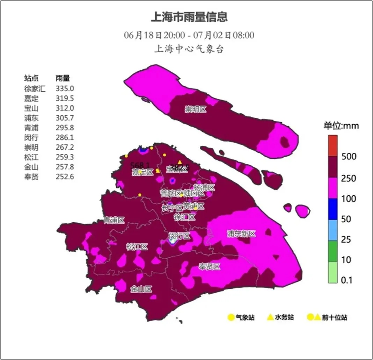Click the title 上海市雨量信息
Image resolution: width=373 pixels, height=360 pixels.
[x=189, y=16]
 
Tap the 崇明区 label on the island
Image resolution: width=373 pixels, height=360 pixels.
[x=196, y=109]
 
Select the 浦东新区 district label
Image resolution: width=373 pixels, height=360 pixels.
[x=241, y=234]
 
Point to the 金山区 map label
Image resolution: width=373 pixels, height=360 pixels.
[x=141, y=289]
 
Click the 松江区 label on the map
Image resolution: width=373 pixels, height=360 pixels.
[x=137, y=247]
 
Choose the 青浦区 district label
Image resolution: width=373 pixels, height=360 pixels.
[x=114, y=220]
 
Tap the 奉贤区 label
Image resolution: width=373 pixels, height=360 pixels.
[x=210, y=267]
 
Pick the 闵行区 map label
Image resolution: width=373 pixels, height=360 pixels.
[x=180, y=236]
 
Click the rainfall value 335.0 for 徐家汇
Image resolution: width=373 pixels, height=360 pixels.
[x=65, y=89]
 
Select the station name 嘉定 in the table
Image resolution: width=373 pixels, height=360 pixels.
[x=31, y=99]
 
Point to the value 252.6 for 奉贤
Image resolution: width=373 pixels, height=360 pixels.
[x=65, y=177]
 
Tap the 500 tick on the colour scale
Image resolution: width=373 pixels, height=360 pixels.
[x=349, y=156]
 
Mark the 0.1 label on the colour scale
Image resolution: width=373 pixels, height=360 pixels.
[x=347, y=280]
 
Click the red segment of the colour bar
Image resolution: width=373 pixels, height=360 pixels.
[x=332, y=145]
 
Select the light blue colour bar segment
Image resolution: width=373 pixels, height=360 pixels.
[x=332, y=230]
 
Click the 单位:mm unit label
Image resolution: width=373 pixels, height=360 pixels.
[x=341, y=126]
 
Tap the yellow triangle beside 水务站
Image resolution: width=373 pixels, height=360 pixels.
[x=270, y=317]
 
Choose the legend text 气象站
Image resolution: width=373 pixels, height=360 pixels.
[x=245, y=318]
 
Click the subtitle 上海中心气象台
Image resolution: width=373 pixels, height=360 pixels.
[x=189, y=49]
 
